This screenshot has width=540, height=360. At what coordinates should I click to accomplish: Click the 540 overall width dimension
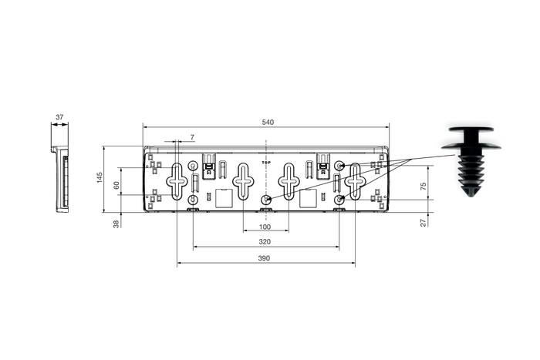[x=268, y=122]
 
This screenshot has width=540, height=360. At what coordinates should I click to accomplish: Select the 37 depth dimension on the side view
[x=59, y=118]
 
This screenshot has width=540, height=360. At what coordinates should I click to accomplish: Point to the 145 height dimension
[x=100, y=178]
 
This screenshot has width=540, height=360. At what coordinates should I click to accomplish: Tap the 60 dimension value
[x=116, y=186]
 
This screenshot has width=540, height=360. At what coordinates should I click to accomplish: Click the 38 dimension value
[x=116, y=224]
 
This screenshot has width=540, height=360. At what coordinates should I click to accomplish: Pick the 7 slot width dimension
[x=192, y=136]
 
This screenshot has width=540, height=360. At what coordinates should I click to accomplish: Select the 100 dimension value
[x=265, y=227]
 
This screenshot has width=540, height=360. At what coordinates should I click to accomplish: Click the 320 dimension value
[x=265, y=241]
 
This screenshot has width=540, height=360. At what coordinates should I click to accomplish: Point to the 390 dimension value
[x=265, y=258]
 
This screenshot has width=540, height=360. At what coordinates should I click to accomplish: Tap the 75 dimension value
[x=424, y=187]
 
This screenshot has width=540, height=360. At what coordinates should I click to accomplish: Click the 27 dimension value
[x=424, y=223]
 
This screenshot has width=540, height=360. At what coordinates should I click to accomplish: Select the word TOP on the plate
[x=265, y=163]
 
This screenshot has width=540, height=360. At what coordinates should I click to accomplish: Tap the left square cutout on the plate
[x=222, y=198]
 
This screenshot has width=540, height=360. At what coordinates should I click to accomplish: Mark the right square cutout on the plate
[x=309, y=198]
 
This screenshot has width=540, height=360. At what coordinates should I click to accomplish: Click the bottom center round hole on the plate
[x=265, y=200]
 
